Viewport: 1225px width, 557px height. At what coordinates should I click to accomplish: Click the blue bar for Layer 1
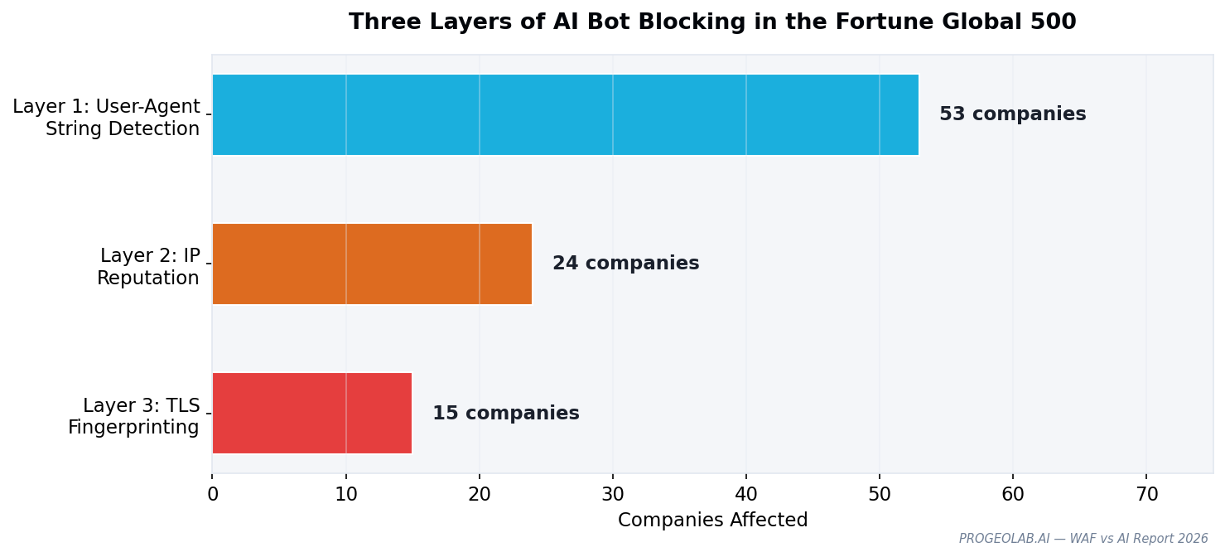pos(565,114)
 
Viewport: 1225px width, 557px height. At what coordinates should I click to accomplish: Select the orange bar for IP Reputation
pos(372,264)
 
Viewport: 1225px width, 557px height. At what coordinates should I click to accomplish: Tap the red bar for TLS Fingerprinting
pos(311,413)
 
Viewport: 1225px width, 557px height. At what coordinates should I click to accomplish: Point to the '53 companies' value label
pos(1012,114)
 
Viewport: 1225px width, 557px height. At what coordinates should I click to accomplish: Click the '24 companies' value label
pos(625,264)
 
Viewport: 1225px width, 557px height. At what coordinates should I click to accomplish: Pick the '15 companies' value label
pos(505,414)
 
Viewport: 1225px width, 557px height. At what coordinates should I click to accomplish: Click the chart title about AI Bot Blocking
pos(712,22)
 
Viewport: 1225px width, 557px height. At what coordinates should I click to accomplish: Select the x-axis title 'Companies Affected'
pos(712,521)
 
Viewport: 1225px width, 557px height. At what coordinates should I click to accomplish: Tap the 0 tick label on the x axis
pos(213,495)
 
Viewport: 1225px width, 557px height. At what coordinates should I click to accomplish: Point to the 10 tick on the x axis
pos(346,495)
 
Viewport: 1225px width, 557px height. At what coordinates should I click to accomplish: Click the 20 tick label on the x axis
pos(480,495)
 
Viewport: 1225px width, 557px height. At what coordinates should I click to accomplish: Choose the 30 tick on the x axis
pos(613,495)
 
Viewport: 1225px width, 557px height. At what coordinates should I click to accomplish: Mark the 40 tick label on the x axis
pos(746,495)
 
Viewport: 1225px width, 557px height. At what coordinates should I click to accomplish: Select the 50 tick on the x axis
pos(880,495)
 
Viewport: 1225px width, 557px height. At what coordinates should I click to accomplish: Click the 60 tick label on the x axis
pos(1013,495)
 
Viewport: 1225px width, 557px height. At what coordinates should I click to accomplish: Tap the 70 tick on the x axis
pos(1146,495)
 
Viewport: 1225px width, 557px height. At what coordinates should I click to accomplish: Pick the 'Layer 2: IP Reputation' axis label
pos(149,267)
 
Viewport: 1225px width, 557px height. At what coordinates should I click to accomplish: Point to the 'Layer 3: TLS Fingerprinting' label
pos(134,417)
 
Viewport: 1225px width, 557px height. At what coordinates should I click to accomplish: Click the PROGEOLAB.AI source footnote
pos(1083,539)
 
